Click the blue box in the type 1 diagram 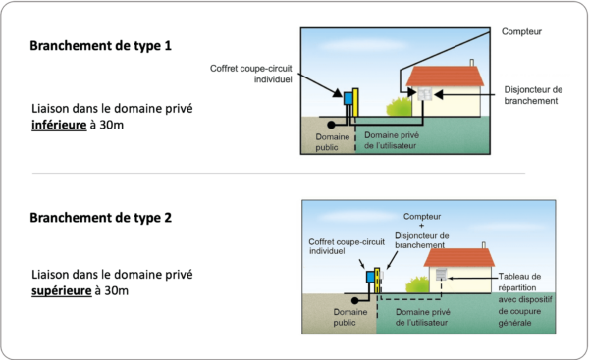pos(348,100)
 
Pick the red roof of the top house pos(447,75)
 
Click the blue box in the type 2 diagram pos(371,278)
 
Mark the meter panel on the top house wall pos(427,96)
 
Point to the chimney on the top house pos(472,63)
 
